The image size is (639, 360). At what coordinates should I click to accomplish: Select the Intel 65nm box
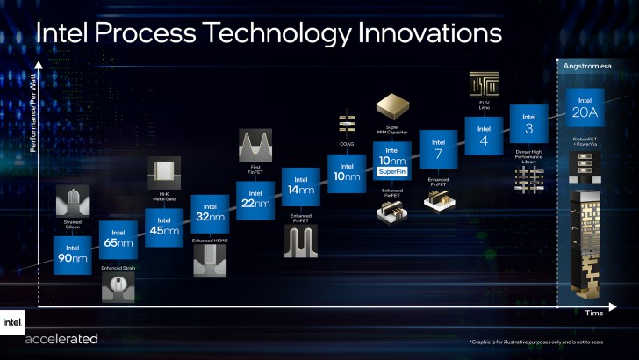(x=118, y=237)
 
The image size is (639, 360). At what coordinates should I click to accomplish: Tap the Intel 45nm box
(x=163, y=227)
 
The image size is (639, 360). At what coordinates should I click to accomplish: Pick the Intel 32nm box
(x=209, y=213)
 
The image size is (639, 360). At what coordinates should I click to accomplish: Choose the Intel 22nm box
(x=255, y=199)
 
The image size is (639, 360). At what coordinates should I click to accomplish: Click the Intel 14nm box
(x=300, y=185)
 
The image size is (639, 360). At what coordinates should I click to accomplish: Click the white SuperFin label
(x=391, y=171)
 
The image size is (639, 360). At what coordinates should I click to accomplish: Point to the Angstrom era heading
(x=584, y=67)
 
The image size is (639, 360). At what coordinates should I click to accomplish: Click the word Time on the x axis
(x=594, y=313)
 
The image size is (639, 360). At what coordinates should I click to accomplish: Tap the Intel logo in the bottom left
(x=11, y=322)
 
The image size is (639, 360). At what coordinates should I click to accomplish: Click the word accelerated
(x=61, y=339)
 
